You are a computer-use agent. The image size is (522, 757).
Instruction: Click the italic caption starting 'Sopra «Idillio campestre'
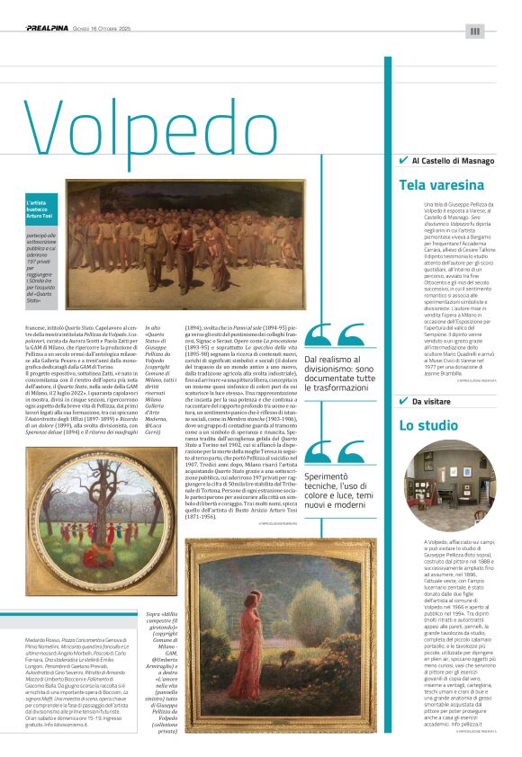pyautogui.click(x=161, y=629)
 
